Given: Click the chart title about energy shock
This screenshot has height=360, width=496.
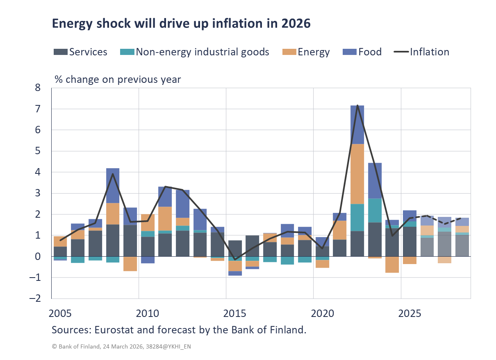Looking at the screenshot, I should coord(181,24).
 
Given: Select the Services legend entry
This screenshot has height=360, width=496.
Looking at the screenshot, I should coord(81,52).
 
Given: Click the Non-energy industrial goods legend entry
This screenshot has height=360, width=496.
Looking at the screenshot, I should coord(195,52).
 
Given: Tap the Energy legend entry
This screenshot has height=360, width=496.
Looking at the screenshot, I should coord(307,52).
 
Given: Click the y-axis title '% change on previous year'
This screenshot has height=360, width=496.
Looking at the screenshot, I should coord(118,79).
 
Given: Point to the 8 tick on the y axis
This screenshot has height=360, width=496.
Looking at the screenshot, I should coord(38,88).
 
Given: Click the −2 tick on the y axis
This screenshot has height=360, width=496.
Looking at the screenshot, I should coord(35,298).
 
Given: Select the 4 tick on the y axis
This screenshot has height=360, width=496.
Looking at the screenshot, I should coord(38,172).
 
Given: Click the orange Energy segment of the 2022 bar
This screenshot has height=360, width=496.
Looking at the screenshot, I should coord(357,174).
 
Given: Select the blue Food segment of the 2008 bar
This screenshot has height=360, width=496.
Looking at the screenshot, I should coord(113,185).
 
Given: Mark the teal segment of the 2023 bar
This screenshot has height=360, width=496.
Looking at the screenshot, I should coord(375,210).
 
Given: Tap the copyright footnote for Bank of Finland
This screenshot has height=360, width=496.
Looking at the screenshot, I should coord(121,346).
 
